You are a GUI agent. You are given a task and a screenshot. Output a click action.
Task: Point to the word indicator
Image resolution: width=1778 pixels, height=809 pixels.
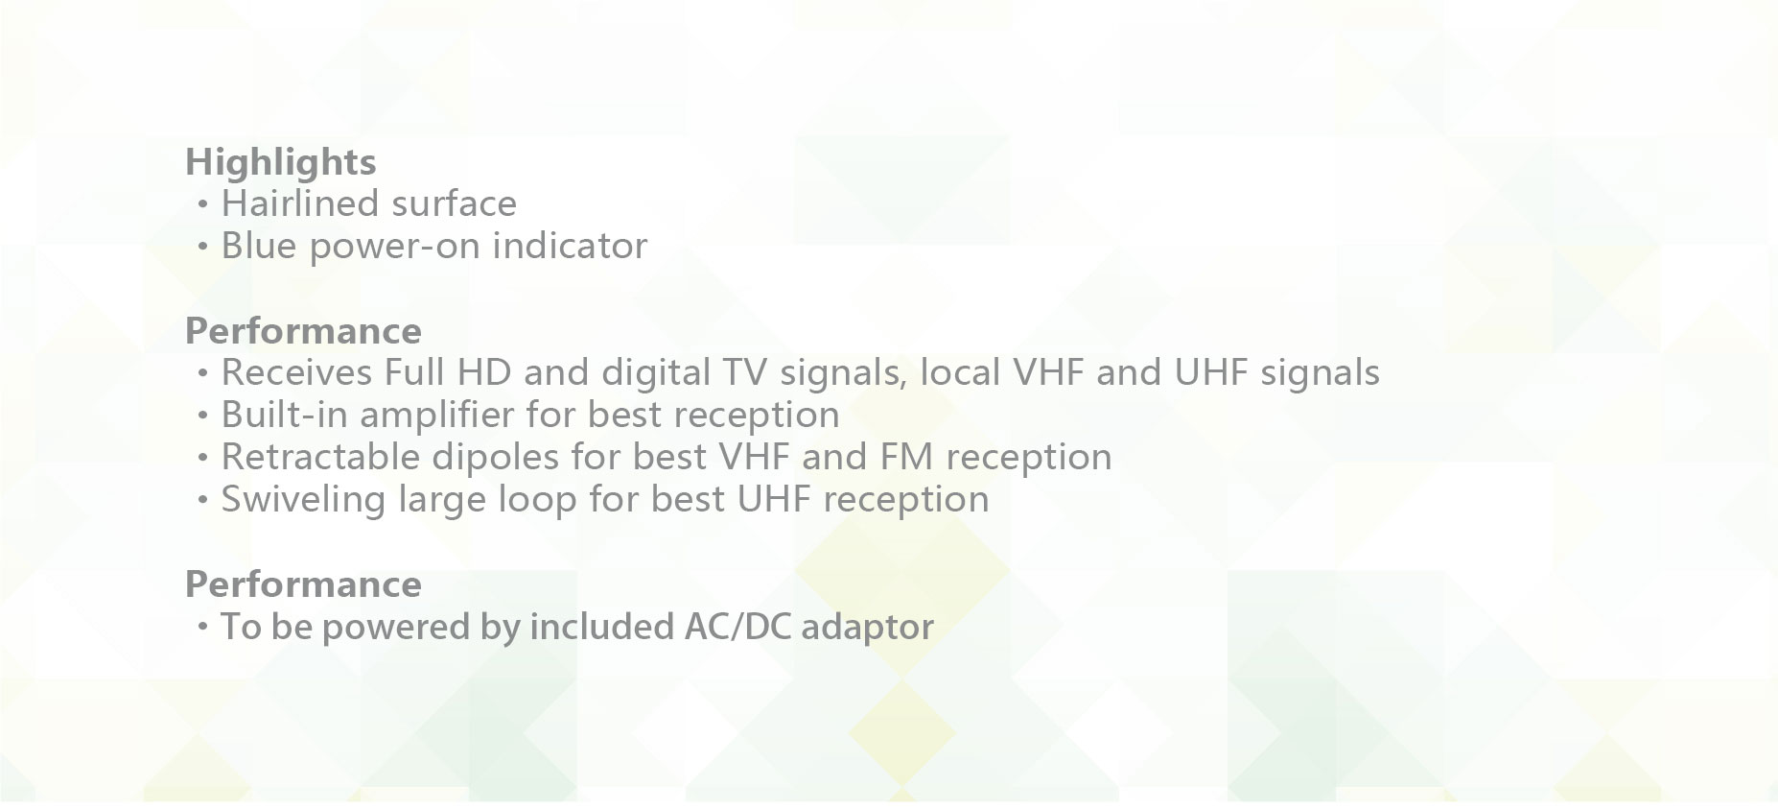[570, 246]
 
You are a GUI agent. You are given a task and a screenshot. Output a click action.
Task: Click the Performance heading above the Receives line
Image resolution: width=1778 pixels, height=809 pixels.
[303, 331]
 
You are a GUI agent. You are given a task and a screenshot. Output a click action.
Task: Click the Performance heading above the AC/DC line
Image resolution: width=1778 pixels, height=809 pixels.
[303, 584]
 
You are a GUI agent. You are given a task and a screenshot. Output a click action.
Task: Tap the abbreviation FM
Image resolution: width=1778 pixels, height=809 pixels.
[906, 457]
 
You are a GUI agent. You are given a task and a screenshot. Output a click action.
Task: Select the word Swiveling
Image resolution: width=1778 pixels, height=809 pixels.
[303, 499]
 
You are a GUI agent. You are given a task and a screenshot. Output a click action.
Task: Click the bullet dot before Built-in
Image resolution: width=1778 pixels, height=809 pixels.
[202, 416]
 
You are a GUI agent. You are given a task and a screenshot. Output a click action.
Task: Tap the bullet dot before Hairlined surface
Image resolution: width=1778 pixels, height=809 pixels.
[202, 204]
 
